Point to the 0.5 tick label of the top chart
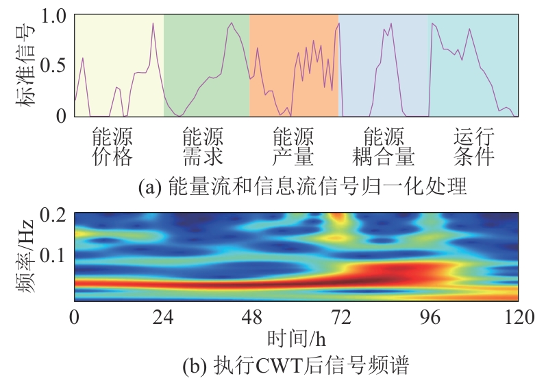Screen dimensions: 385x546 pyautogui.click(x=52, y=65)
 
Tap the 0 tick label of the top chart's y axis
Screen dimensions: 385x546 pyautogui.click(x=61, y=116)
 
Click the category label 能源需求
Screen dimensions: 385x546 pyautogui.click(x=203, y=146)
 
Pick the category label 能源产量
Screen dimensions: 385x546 pyautogui.click(x=293, y=146)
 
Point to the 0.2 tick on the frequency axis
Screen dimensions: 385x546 pyautogui.click(x=52, y=214)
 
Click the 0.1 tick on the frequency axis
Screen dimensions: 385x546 pyautogui.click(x=52, y=255)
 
